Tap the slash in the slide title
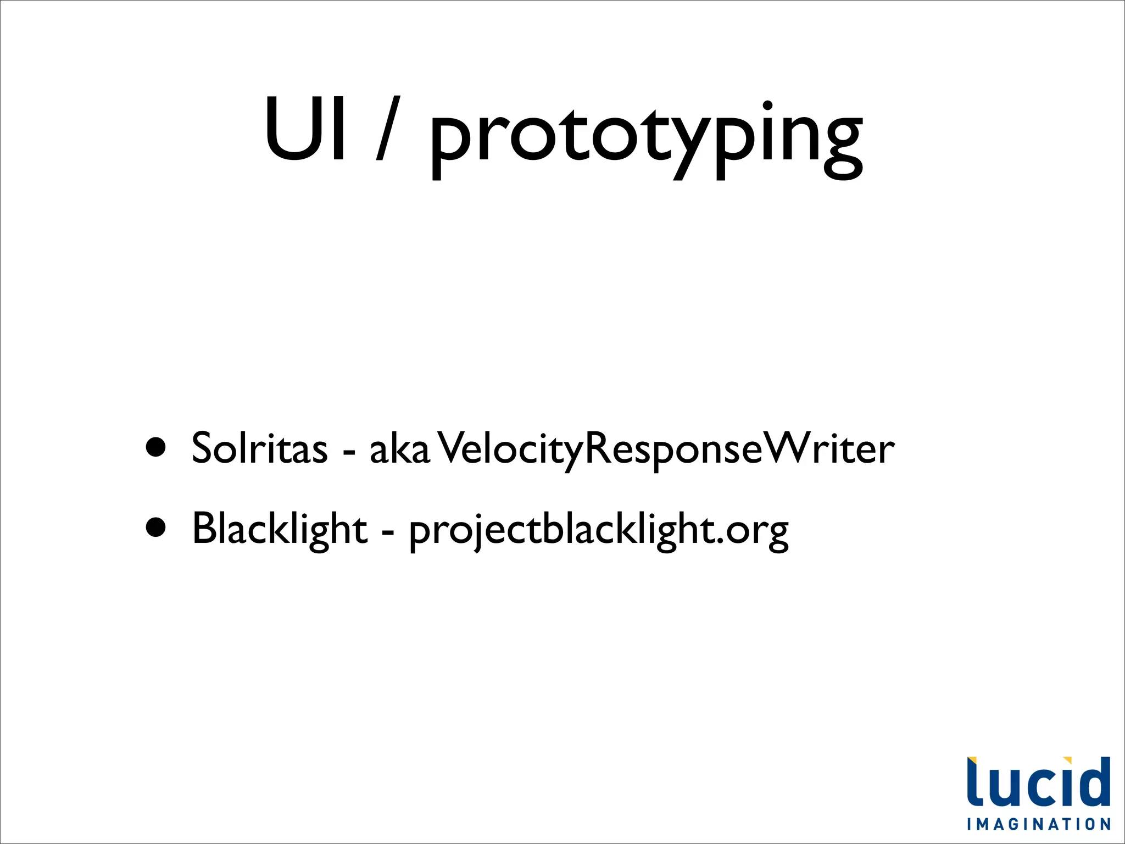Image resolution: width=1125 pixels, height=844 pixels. (x=388, y=130)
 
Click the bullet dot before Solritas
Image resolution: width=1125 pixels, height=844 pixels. (x=156, y=447)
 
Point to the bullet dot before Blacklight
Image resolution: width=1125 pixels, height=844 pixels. (x=156, y=527)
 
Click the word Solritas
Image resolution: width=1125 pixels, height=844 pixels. (x=259, y=448)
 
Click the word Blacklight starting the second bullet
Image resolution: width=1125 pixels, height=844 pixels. (x=280, y=529)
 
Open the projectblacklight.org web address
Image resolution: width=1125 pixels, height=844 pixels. (x=599, y=531)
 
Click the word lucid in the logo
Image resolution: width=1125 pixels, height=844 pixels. (x=1038, y=781)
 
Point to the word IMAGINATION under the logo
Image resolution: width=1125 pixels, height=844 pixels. (x=1039, y=824)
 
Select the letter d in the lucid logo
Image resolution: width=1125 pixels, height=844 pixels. (x=1094, y=782)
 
